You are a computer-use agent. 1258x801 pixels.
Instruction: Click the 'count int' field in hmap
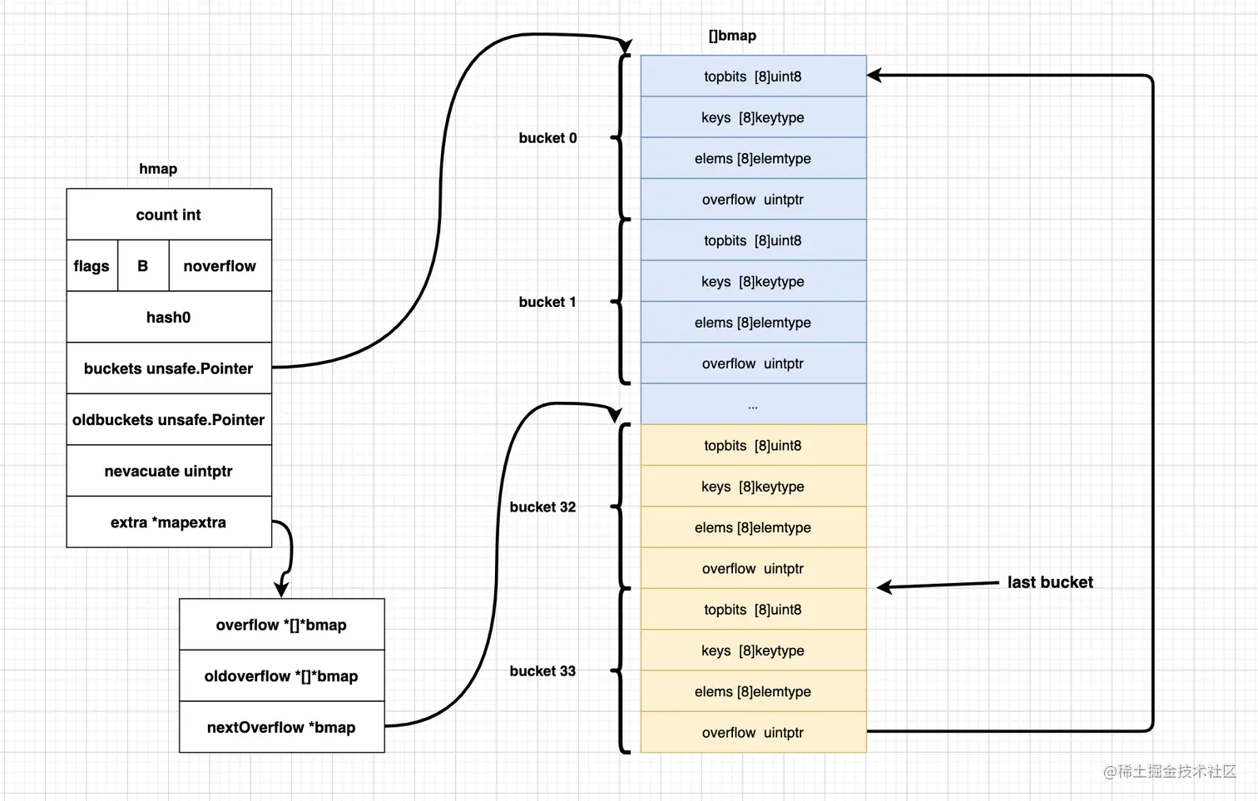pos(169,215)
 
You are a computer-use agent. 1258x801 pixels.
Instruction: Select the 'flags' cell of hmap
pos(92,266)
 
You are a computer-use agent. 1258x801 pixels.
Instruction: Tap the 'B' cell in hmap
pos(143,266)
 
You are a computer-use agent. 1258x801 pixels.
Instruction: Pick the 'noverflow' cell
pos(220,266)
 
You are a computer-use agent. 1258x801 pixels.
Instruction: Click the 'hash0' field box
pos(169,317)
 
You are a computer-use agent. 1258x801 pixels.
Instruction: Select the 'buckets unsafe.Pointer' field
pos(169,368)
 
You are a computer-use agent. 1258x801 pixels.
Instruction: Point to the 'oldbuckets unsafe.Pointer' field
pos(169,420)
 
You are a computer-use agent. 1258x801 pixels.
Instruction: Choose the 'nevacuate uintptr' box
pos(169,472)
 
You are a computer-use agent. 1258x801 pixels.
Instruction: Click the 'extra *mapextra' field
pos(169,522)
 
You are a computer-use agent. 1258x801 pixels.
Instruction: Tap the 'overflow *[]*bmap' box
pos(281,625)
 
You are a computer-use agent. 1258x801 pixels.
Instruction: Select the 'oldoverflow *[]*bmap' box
pos(281,676)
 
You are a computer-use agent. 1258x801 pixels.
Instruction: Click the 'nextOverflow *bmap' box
pos(281,728)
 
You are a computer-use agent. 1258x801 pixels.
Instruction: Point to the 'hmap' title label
pos(158,169)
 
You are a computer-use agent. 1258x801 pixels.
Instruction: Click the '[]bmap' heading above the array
pos(732,36)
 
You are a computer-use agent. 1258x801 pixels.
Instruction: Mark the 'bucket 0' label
pos(547,138)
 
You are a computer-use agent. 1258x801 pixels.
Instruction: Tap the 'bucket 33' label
pos(542,671)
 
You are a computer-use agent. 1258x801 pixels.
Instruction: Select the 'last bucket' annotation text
pos(1050,582)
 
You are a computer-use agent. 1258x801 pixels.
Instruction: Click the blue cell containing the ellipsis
pos(753,405)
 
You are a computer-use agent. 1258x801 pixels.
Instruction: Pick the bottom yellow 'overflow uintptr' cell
pos(753,733)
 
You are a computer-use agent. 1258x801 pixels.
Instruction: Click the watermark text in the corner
pos(1170,772)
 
